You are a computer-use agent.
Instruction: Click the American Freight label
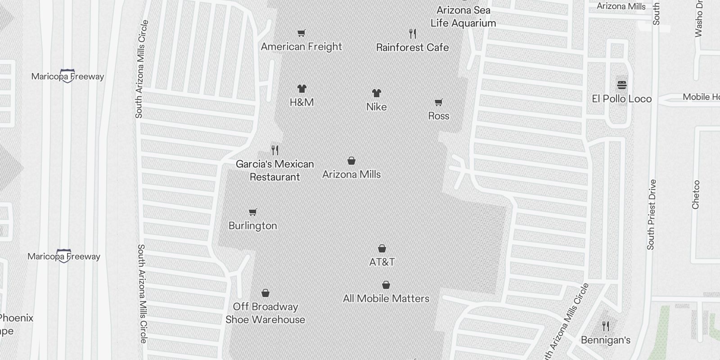point(301,47)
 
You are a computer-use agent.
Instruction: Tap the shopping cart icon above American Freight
point(301,33)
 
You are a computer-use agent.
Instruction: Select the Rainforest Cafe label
point(412,47)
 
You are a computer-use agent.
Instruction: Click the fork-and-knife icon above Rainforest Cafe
point(413,33)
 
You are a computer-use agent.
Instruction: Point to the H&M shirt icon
point(302,89)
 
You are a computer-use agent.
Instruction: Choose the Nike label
point(376,107)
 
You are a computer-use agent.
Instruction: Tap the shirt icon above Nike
point(377,93)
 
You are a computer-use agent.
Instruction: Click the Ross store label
point(439,116)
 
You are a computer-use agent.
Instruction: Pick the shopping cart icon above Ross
point(439,103)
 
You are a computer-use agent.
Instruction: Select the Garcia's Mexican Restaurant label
point(275,171)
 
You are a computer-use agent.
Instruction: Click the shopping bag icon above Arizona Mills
point(351,161)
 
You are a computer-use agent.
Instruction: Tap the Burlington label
point(253,225)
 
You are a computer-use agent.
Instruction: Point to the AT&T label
point(382,262)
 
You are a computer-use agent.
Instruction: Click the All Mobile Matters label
point(386,298)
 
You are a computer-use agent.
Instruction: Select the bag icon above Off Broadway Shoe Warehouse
point(265,293)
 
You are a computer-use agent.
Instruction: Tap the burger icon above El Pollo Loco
point(622,85)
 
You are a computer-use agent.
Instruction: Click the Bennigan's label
point(606,340)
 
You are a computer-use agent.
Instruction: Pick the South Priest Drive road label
point(651,215)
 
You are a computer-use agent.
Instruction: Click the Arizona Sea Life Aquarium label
point(463,17)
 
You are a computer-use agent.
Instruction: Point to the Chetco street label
point(696,194)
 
